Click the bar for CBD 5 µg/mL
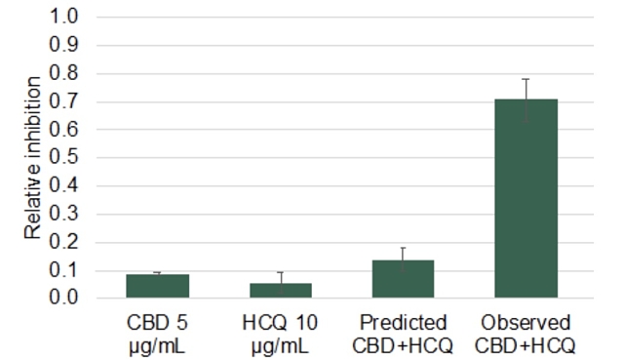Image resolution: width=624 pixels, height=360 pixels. pyautogui.click(x=157, y=286)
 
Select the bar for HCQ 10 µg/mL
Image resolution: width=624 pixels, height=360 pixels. pyautogui.click(x=280, y=290)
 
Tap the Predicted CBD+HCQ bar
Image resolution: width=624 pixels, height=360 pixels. pyautogui.click(x=403, y=279)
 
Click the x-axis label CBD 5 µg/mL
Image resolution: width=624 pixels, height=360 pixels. pyautogui.click(x=157, y=333)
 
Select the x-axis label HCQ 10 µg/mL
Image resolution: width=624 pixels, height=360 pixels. pyautogui.click(x=280, y=333)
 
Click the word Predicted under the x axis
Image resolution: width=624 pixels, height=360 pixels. pyautogui.click(x=403, y=323)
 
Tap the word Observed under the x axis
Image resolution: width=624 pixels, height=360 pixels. pyautogui.click(x=526, y=323)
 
